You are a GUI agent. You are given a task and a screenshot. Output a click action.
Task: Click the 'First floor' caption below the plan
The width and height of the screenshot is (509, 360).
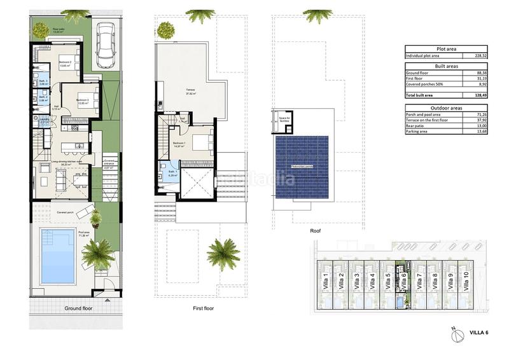pyautogui.click(x=203, y=308)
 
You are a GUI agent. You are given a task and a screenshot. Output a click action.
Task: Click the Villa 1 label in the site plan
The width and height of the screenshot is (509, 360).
pyautogui.click(x=326, y=279)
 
